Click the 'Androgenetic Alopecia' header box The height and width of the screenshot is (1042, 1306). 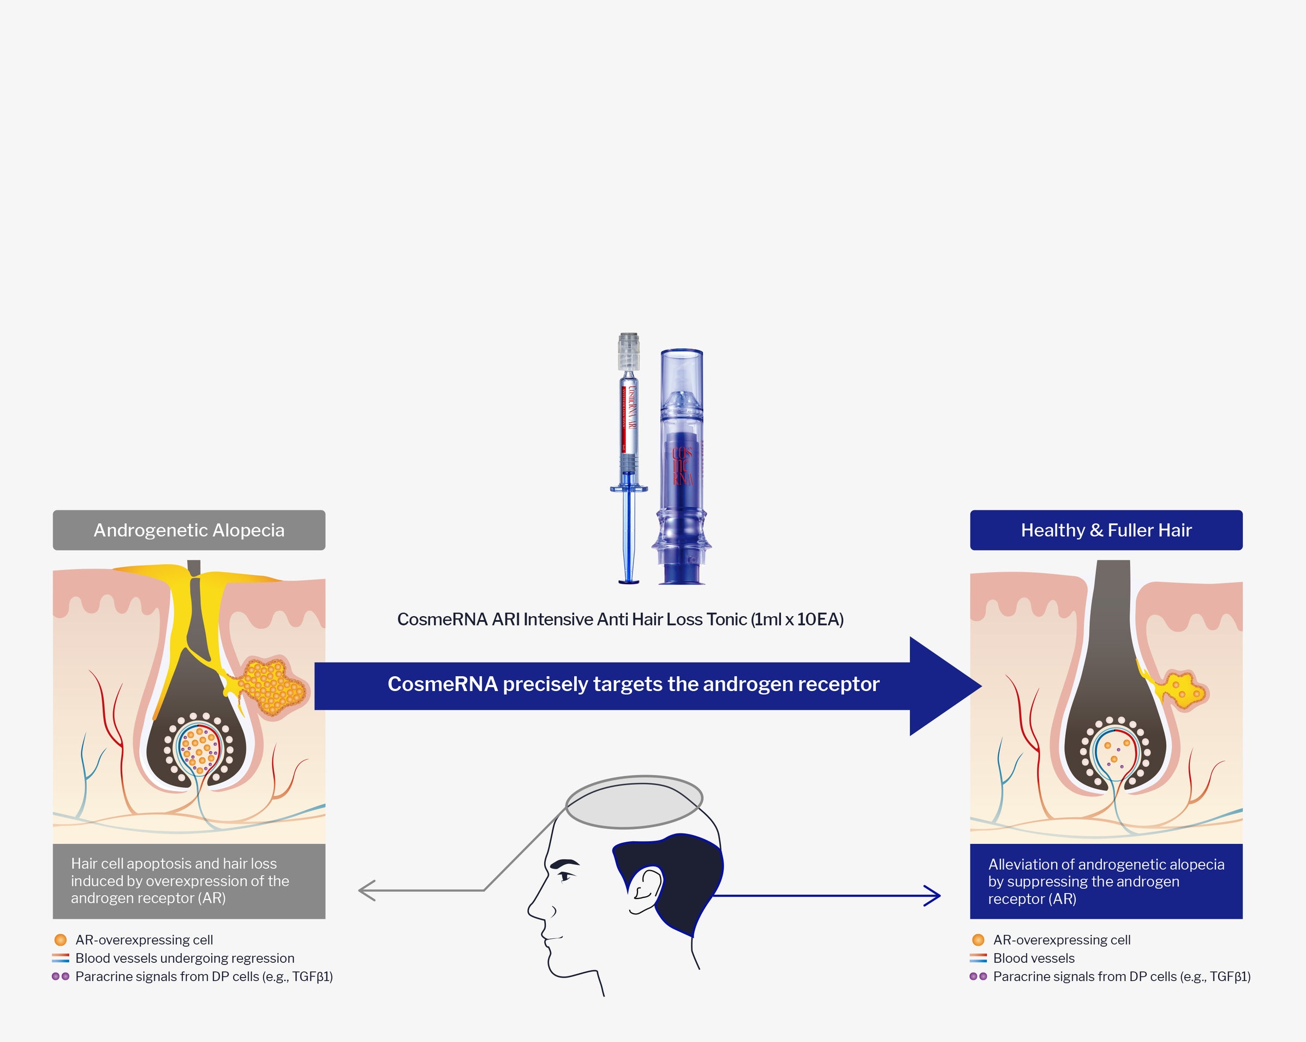pos(188,530)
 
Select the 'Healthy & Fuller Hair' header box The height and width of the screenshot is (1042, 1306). pos(1106,530)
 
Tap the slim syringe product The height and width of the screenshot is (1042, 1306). pos(629,448)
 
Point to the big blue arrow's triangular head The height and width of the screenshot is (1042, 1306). pos(942,686)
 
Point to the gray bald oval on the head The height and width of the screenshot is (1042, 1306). pos(634,801)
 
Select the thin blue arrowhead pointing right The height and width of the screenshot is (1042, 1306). pos(933,895)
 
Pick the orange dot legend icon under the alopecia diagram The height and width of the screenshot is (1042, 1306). pos(60,939)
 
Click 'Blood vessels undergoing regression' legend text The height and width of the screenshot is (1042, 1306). pos(185,958)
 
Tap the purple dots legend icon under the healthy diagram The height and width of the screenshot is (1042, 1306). pos(977,976)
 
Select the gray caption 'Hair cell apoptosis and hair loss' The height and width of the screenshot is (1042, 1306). pos(174,864)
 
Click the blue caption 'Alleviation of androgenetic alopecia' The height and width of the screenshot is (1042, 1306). pos(1106,864)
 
